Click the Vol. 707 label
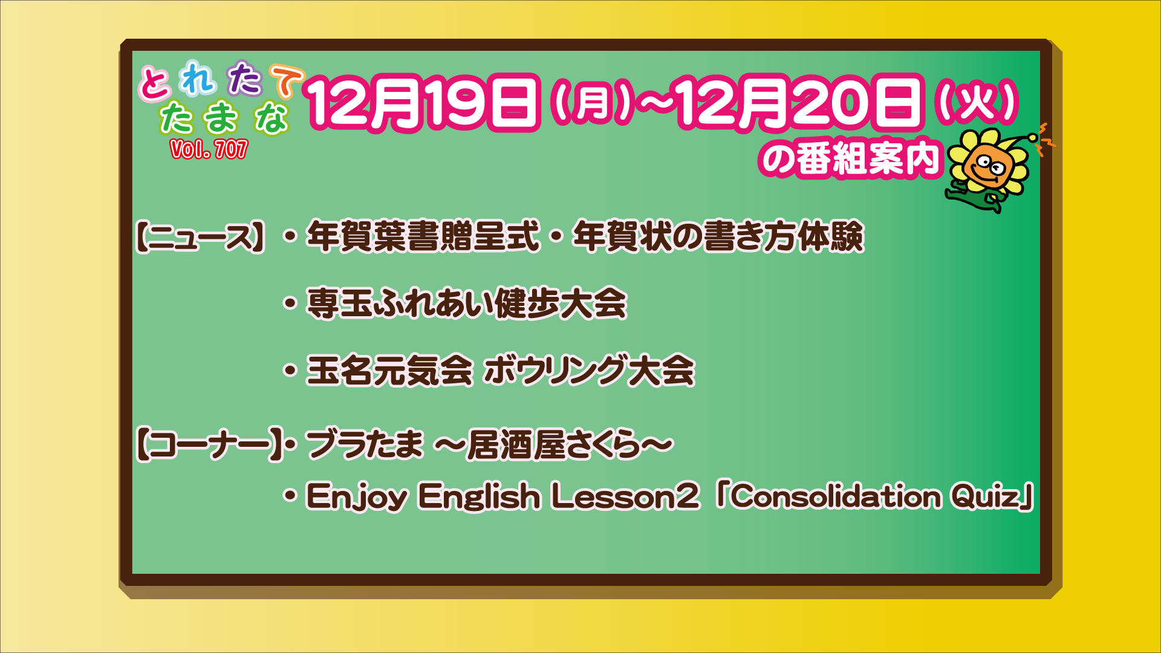209,149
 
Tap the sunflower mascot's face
988,166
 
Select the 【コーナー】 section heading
209,446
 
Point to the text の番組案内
850,158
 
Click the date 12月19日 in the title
423,103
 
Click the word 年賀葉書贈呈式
423,236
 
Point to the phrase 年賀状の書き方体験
718,236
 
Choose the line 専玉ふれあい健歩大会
466,303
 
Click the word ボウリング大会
589,370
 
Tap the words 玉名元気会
389,370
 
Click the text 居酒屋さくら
553,446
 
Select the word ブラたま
365,446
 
